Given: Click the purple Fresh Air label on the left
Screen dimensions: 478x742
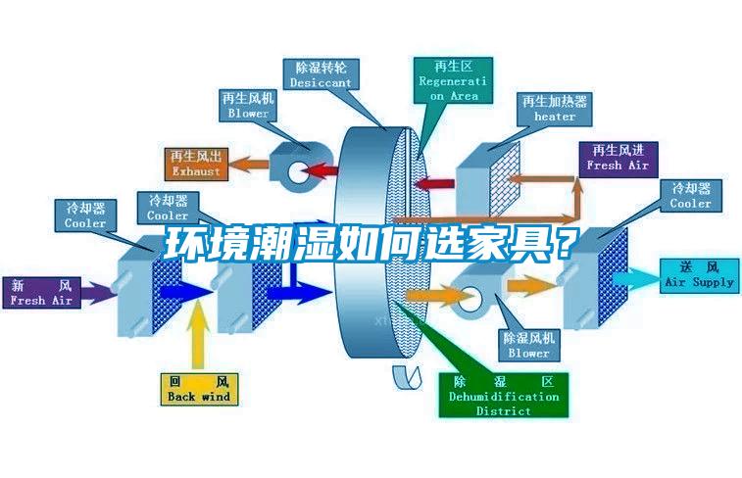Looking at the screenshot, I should [41, 293].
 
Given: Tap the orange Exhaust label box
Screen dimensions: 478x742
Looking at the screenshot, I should [196, 164].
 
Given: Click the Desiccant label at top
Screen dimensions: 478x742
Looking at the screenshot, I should [321, 75].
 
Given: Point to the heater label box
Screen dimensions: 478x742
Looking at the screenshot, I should [554, 109].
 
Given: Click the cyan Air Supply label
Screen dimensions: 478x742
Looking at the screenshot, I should [698, 274].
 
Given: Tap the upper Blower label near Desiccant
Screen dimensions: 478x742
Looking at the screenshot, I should [248, 106].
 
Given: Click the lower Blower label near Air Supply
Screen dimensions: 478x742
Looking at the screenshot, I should [528, 344].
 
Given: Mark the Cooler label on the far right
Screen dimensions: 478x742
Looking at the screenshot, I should [690, 196].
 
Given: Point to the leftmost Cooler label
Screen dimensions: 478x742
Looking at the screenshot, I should [85, 215].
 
